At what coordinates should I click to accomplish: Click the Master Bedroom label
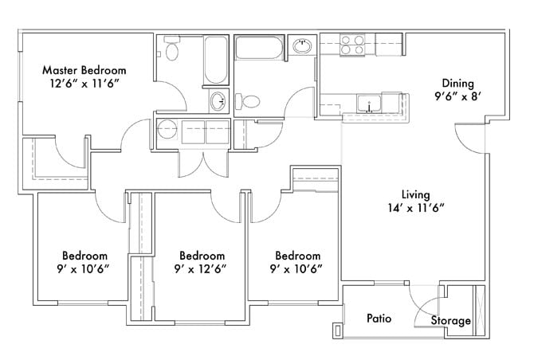tap(84, 70)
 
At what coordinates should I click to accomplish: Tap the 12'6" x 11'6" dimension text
tap(84, 84)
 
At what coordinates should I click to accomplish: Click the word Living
tap(415, 194)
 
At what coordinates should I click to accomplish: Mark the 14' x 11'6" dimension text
tap(416, 208)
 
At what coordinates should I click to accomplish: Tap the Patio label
tap(379, 319)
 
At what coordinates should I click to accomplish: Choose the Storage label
tap(451, 320)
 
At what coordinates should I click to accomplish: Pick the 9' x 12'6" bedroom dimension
tap(200, 269)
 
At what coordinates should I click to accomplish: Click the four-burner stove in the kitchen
tap(352, 45)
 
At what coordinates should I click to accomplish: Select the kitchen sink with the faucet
tap(369, 104)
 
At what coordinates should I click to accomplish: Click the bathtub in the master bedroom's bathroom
tap(216, 60)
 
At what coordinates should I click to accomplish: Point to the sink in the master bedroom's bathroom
tap(218, 101)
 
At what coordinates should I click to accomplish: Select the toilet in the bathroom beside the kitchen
tap(248, 101)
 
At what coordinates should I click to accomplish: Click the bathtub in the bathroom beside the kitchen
tap(259, 47)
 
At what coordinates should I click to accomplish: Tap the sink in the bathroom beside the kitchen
tap(302, 45)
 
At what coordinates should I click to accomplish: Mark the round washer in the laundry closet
tap(167, 129)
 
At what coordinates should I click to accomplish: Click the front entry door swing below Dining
tap(469, 139)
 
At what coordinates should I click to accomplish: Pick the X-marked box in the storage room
tap(479, 311)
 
